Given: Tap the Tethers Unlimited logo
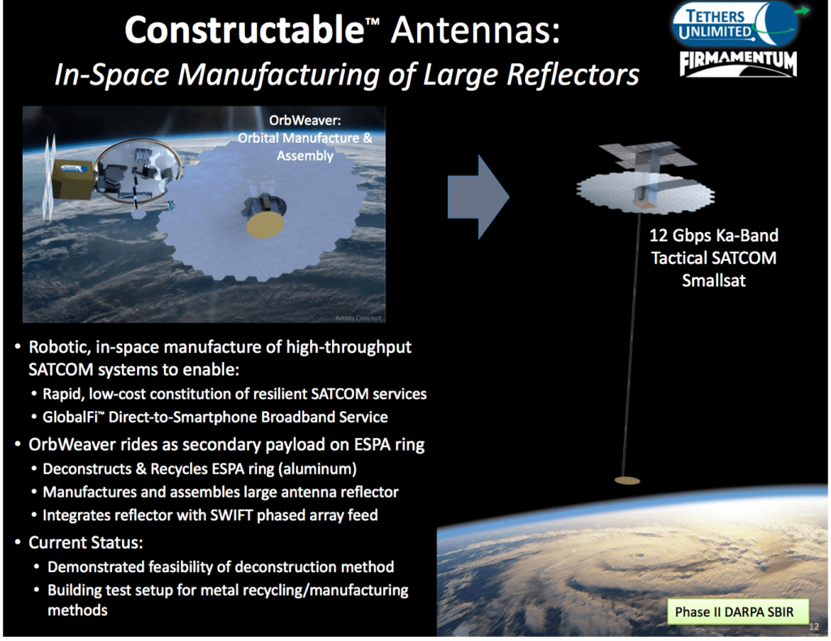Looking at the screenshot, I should [734, 25].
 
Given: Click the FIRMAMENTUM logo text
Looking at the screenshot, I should [738, 62].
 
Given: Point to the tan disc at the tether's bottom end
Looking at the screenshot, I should [626, 482].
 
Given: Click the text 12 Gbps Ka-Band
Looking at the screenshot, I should [713, 236].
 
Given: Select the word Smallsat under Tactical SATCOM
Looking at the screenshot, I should [713, 282].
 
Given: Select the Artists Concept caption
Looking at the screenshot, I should [358, 317].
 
